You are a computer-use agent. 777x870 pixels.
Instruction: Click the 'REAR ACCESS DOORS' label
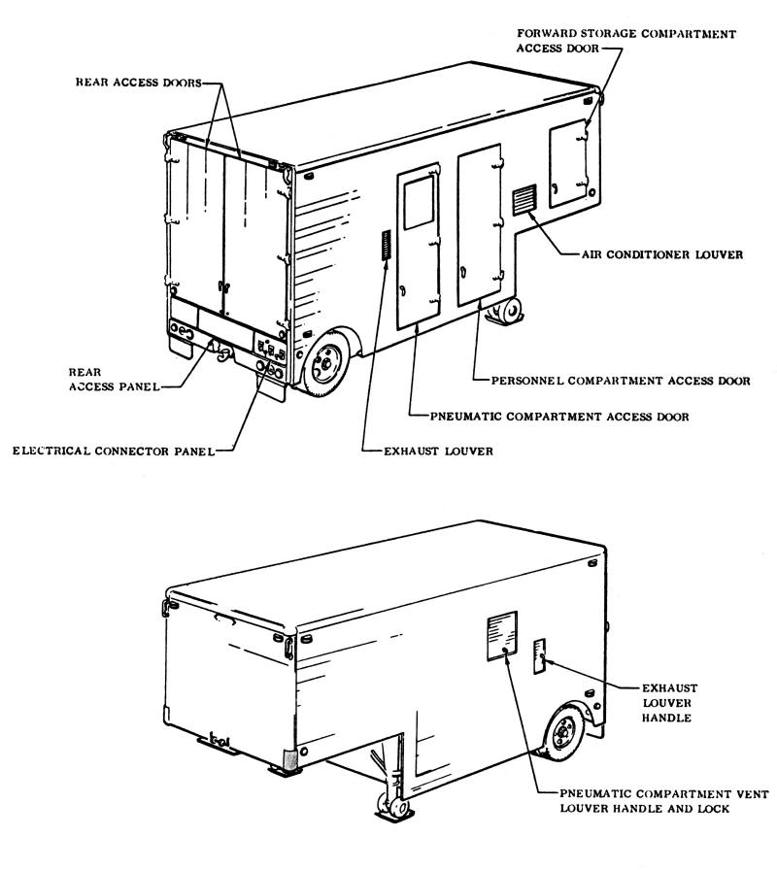pyautogui.click(x=139, y=83)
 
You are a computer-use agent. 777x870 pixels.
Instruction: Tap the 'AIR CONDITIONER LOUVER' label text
pyautogui.click(x=662, y=254)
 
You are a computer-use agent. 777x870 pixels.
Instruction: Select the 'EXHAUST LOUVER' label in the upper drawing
pyautogui.click(x=438, y=452)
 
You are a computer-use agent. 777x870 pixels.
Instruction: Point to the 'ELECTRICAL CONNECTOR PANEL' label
pyautogui.click(x=114, y=452)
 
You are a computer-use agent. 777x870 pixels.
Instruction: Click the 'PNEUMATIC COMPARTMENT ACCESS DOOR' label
pyautogui.click(x=559, y=417)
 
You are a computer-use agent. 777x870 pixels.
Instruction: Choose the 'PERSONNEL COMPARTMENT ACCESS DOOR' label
pyautogui.click(x=621, y=382)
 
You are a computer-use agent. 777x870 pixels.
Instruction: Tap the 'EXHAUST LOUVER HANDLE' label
pyautogui.click(x=669, y=703)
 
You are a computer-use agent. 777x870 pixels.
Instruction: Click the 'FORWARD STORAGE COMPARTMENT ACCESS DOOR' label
pyautogui.click(x=626, y=41)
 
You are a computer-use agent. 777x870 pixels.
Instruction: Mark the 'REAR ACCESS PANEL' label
pyautogui.click(x=115, y=380)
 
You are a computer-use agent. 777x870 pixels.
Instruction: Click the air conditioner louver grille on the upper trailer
pyautogui.click(x=524, y=200)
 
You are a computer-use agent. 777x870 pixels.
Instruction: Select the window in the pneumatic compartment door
pyautogui.click(x=419, y=203)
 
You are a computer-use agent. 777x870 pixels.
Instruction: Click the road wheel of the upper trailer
pyautogui.click(x=327, y=363)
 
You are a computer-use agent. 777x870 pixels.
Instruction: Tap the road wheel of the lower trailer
pyautogui.click(x=565, y=732)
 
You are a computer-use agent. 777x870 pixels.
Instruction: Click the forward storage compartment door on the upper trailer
pyautogui.click(x=568, y=163)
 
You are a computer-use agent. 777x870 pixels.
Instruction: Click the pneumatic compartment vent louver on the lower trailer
pyautogui.click(x=502, y=636)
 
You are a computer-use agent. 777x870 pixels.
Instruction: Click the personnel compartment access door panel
pyautogui.click(x=480, y=224)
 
